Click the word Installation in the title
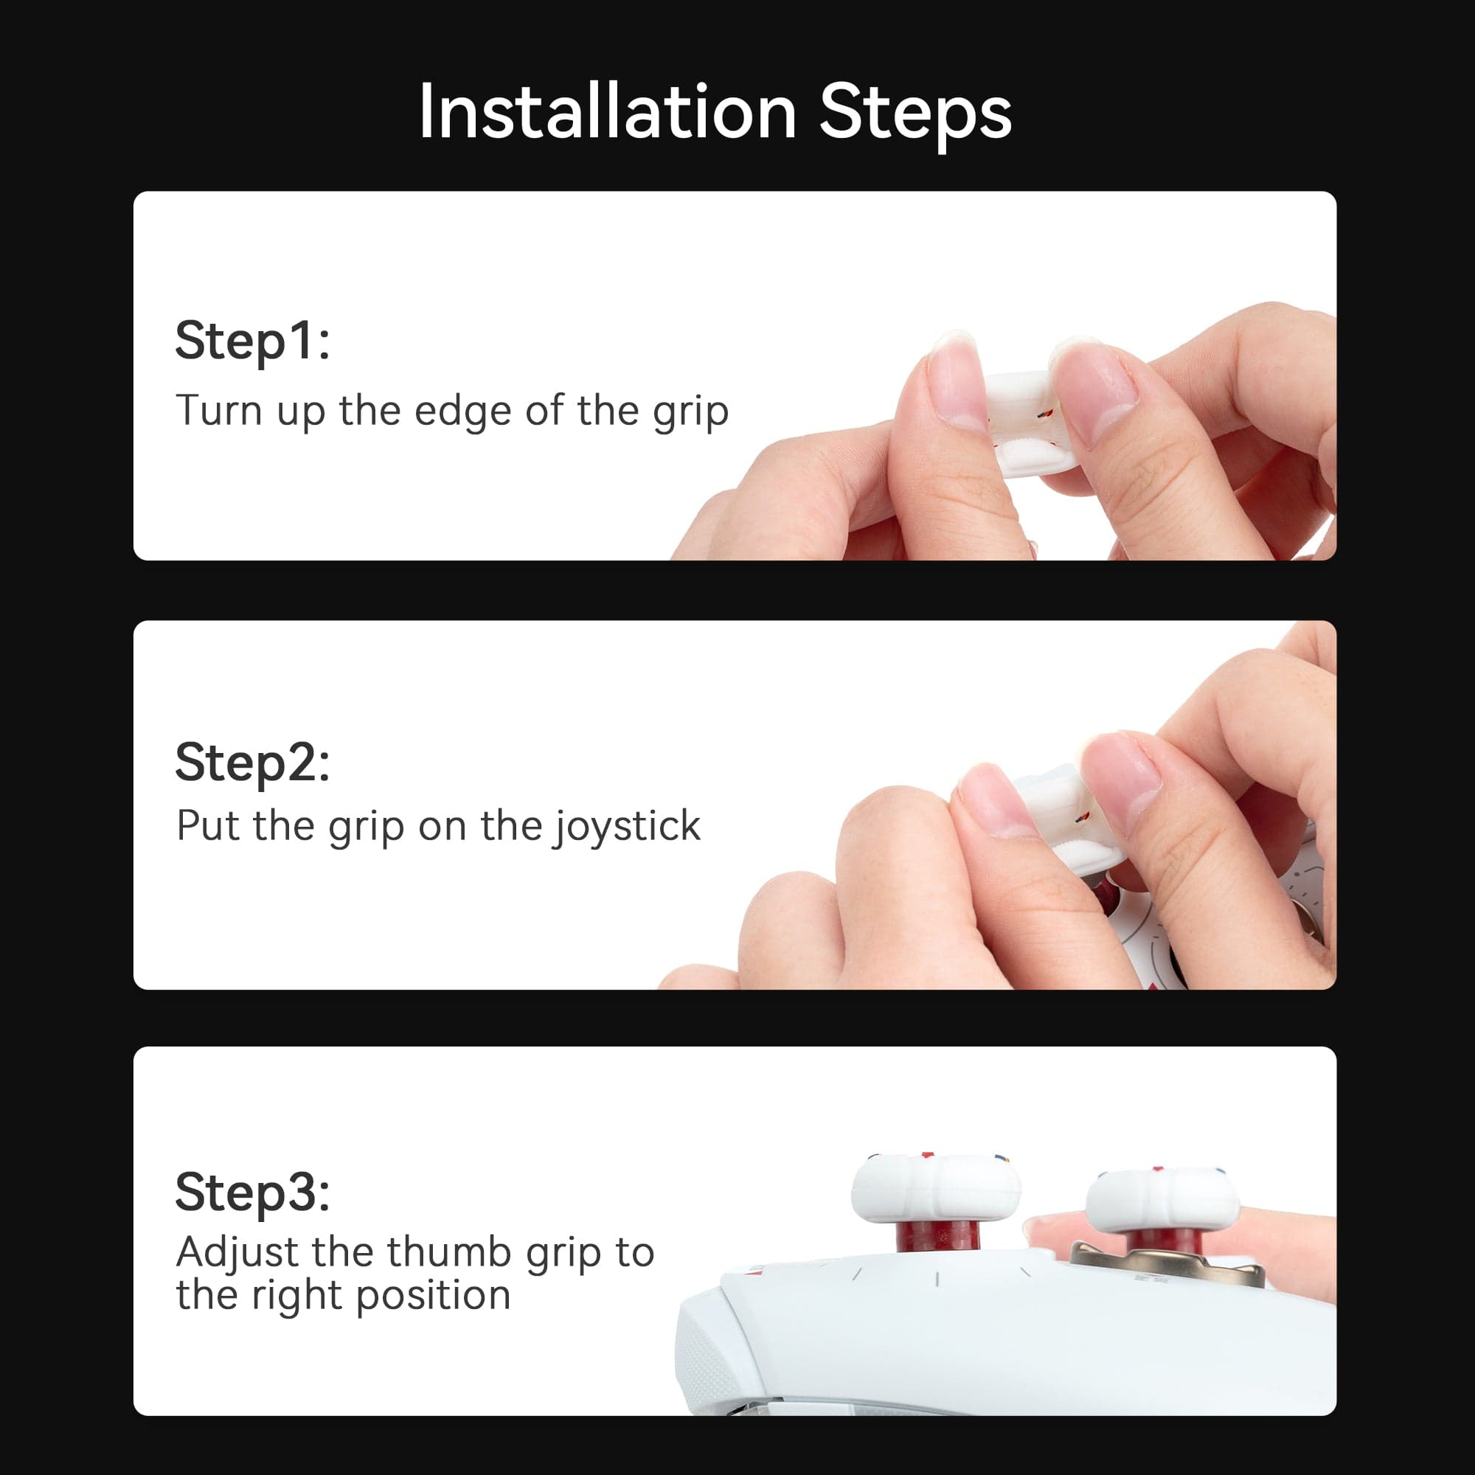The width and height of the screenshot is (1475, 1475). (607, 113)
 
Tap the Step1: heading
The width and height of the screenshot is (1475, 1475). (253, 341)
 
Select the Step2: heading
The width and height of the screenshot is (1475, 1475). (253, 763)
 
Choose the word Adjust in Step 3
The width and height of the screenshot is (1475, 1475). (237, 1252)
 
